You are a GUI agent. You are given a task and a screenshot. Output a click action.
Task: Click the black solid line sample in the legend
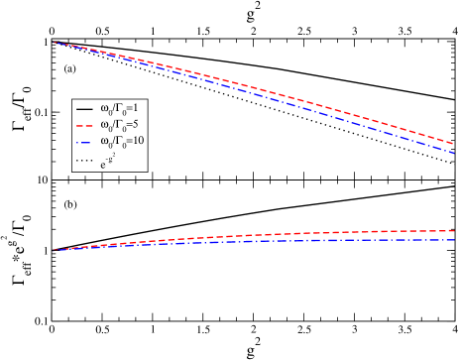tap(85, 108)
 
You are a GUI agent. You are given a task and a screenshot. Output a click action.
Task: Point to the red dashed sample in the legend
tap(85, 126)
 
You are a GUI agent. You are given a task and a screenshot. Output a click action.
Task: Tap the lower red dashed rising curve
tap(297, 233)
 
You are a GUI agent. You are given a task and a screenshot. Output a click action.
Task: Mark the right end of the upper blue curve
tap(454, 153)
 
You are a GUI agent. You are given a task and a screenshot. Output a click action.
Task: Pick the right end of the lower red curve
tap(454, 230)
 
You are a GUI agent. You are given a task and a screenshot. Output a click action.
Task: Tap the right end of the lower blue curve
tap(454, 240)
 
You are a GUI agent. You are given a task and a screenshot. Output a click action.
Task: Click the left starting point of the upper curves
tap(54, 43)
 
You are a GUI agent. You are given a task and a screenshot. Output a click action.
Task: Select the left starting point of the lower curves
tap(54, 250)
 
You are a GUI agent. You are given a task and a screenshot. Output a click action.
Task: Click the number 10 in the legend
tap(139, 143)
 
